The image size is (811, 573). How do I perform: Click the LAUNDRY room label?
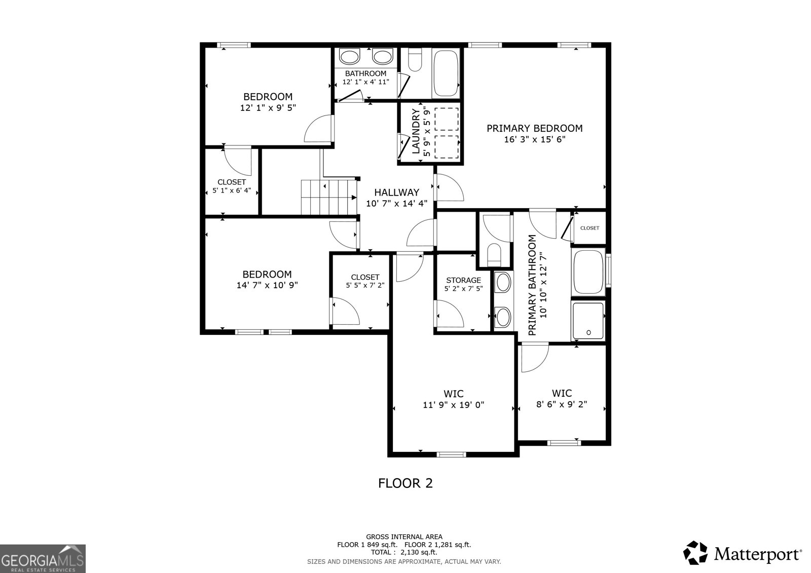(x=416, y=131)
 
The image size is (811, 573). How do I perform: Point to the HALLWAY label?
(x=396, y=193)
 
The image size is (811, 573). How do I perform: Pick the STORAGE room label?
(x=463, y=280)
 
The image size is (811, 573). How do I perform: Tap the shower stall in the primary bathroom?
(x=588, y=321)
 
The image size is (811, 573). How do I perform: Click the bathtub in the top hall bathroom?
(x=446, y=73)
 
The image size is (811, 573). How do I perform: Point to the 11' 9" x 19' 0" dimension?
(x=454, y=405)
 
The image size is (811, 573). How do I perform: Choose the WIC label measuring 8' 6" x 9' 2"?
(x=562, y=393)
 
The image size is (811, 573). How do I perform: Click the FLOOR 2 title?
(x=405, y=483)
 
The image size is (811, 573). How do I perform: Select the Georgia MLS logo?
(x=43, y=558)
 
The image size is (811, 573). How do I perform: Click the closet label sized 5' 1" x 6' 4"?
(x=232, y=182)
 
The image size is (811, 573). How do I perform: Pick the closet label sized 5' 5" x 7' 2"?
(x=365, y=277)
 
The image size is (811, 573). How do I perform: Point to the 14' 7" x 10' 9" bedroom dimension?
(x=267, y=285)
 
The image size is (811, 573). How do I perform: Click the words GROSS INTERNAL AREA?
(x=404, y=537)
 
